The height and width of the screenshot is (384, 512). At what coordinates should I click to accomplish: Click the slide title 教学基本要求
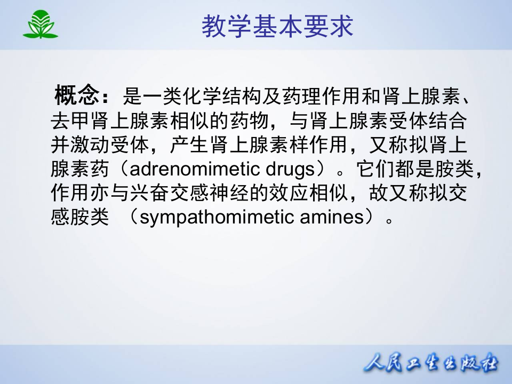[277, 25]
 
